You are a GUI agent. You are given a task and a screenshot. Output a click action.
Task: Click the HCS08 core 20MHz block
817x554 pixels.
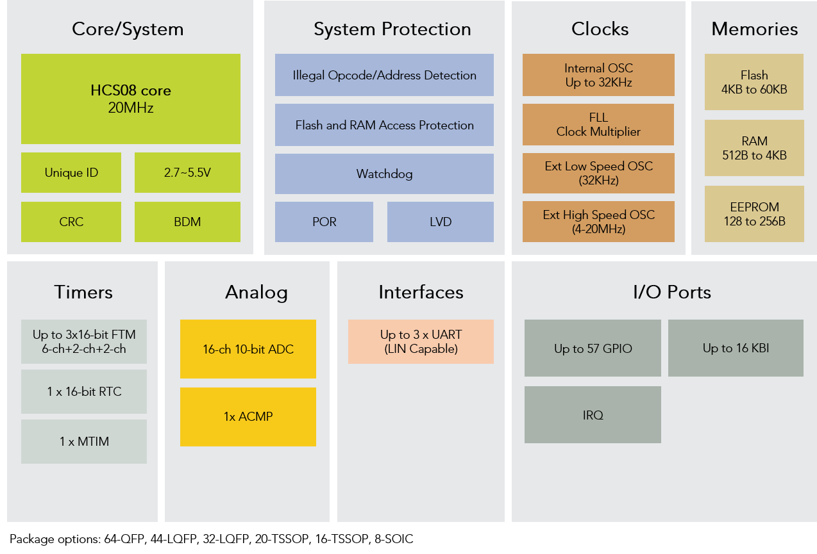coord(131,99)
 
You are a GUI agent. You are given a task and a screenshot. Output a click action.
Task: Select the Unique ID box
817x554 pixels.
coord(71,172)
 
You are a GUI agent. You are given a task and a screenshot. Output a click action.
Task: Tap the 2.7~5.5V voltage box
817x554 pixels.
coord(187,172)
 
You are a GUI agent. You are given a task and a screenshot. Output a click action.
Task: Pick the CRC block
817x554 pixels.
coord(71,222)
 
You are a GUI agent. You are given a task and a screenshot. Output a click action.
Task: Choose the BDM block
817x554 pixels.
coord(187,222)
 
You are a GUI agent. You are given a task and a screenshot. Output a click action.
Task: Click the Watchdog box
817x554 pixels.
coord(384,174)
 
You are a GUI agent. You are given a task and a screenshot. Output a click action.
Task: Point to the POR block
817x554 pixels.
coord(324,222)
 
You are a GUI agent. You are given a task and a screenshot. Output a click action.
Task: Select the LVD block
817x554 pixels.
coord(441,222)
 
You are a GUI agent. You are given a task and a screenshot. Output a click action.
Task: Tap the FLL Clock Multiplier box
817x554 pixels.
coord(598,124)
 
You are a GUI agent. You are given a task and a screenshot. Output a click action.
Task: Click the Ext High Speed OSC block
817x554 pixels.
coord(598,222)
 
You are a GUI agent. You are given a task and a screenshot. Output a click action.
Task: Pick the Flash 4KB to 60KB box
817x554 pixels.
coord(754,82)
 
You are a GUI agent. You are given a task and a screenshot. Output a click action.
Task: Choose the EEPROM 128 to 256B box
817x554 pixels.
coord(754,214)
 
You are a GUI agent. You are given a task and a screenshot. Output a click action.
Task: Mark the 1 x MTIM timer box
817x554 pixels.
coord(84,441)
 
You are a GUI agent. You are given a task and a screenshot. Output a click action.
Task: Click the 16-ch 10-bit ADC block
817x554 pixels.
coord(248,349)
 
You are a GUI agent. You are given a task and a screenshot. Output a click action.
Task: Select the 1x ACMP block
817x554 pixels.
coord(248,416)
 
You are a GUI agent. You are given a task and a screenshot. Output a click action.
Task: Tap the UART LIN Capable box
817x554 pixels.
coord(421,341)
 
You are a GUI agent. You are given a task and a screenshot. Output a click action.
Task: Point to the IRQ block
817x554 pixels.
coord(593,414)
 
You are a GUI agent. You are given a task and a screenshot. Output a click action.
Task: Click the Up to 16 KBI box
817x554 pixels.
coord(736,348)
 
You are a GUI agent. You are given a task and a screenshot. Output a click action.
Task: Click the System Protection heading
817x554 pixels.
coord(392,29)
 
